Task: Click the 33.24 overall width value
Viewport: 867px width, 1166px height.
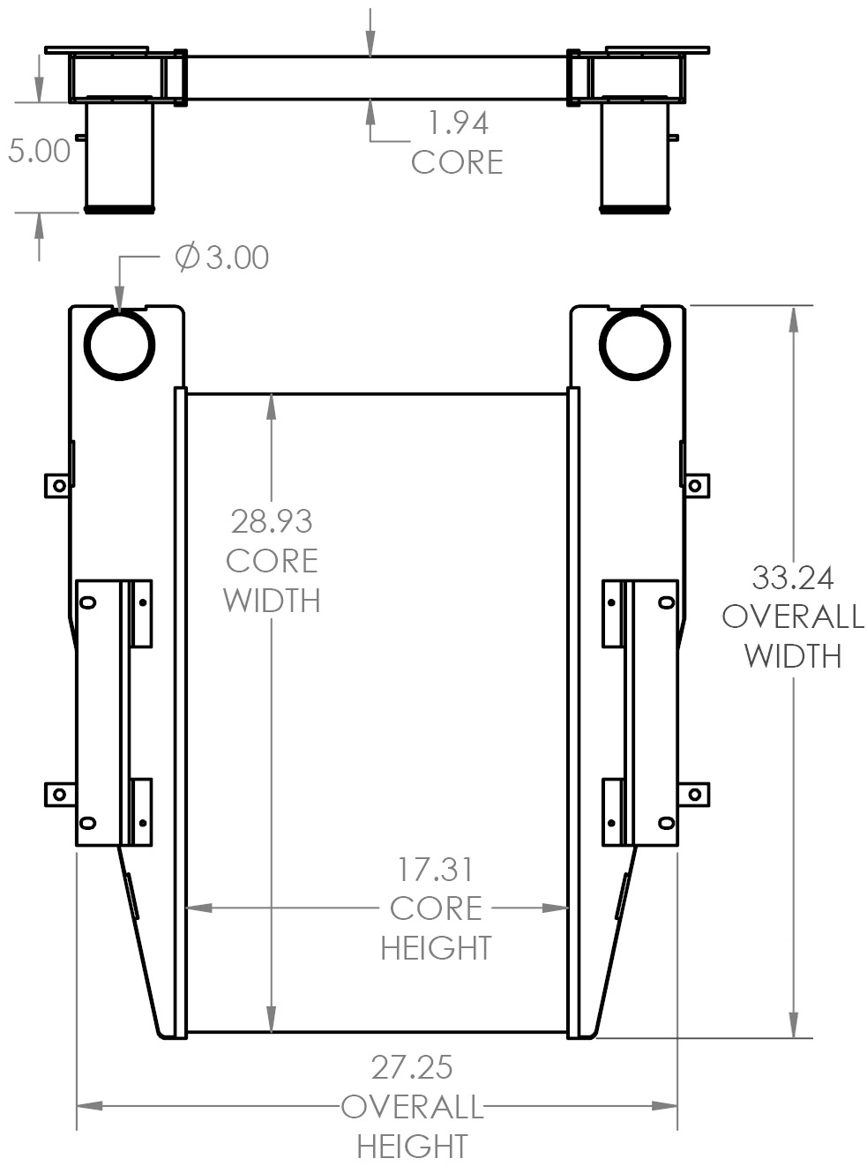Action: (x=792, y=578)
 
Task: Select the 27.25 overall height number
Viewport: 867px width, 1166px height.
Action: (x=412, y=1067)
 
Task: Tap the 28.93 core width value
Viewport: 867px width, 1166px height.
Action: (x=272, y=521)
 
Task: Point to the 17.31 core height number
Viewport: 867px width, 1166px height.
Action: (x=435, y=870)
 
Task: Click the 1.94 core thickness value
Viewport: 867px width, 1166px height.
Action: (x=458, y=123)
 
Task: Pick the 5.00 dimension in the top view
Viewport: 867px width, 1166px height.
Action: (x=39, y=151)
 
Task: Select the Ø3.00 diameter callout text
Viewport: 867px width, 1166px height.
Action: (x=222, y=258)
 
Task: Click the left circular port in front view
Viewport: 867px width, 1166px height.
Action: (x=119, y=344)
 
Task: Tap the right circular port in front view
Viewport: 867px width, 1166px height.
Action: (x=634, y=344)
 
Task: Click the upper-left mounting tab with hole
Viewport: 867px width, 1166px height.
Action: (x=58, y=485)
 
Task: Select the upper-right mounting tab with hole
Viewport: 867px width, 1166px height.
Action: (x=695, y=485)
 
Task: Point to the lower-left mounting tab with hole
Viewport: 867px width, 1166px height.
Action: (x=58, y=794)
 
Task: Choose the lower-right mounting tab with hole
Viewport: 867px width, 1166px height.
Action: (x=695, y=794)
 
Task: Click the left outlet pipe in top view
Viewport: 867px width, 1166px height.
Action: (x=119, y=157)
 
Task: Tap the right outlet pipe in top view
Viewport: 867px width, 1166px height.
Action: (x=634, y=157)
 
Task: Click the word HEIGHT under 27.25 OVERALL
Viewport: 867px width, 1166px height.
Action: (x=412, y=1147)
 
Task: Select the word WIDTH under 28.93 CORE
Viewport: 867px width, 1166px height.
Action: (x=272, y=600)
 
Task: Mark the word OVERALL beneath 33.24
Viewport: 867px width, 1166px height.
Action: (x=792, y=617)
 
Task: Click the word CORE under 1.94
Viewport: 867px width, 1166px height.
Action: (x=457, y=162)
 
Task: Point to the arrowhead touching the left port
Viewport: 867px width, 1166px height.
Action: (x=119, y=299)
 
